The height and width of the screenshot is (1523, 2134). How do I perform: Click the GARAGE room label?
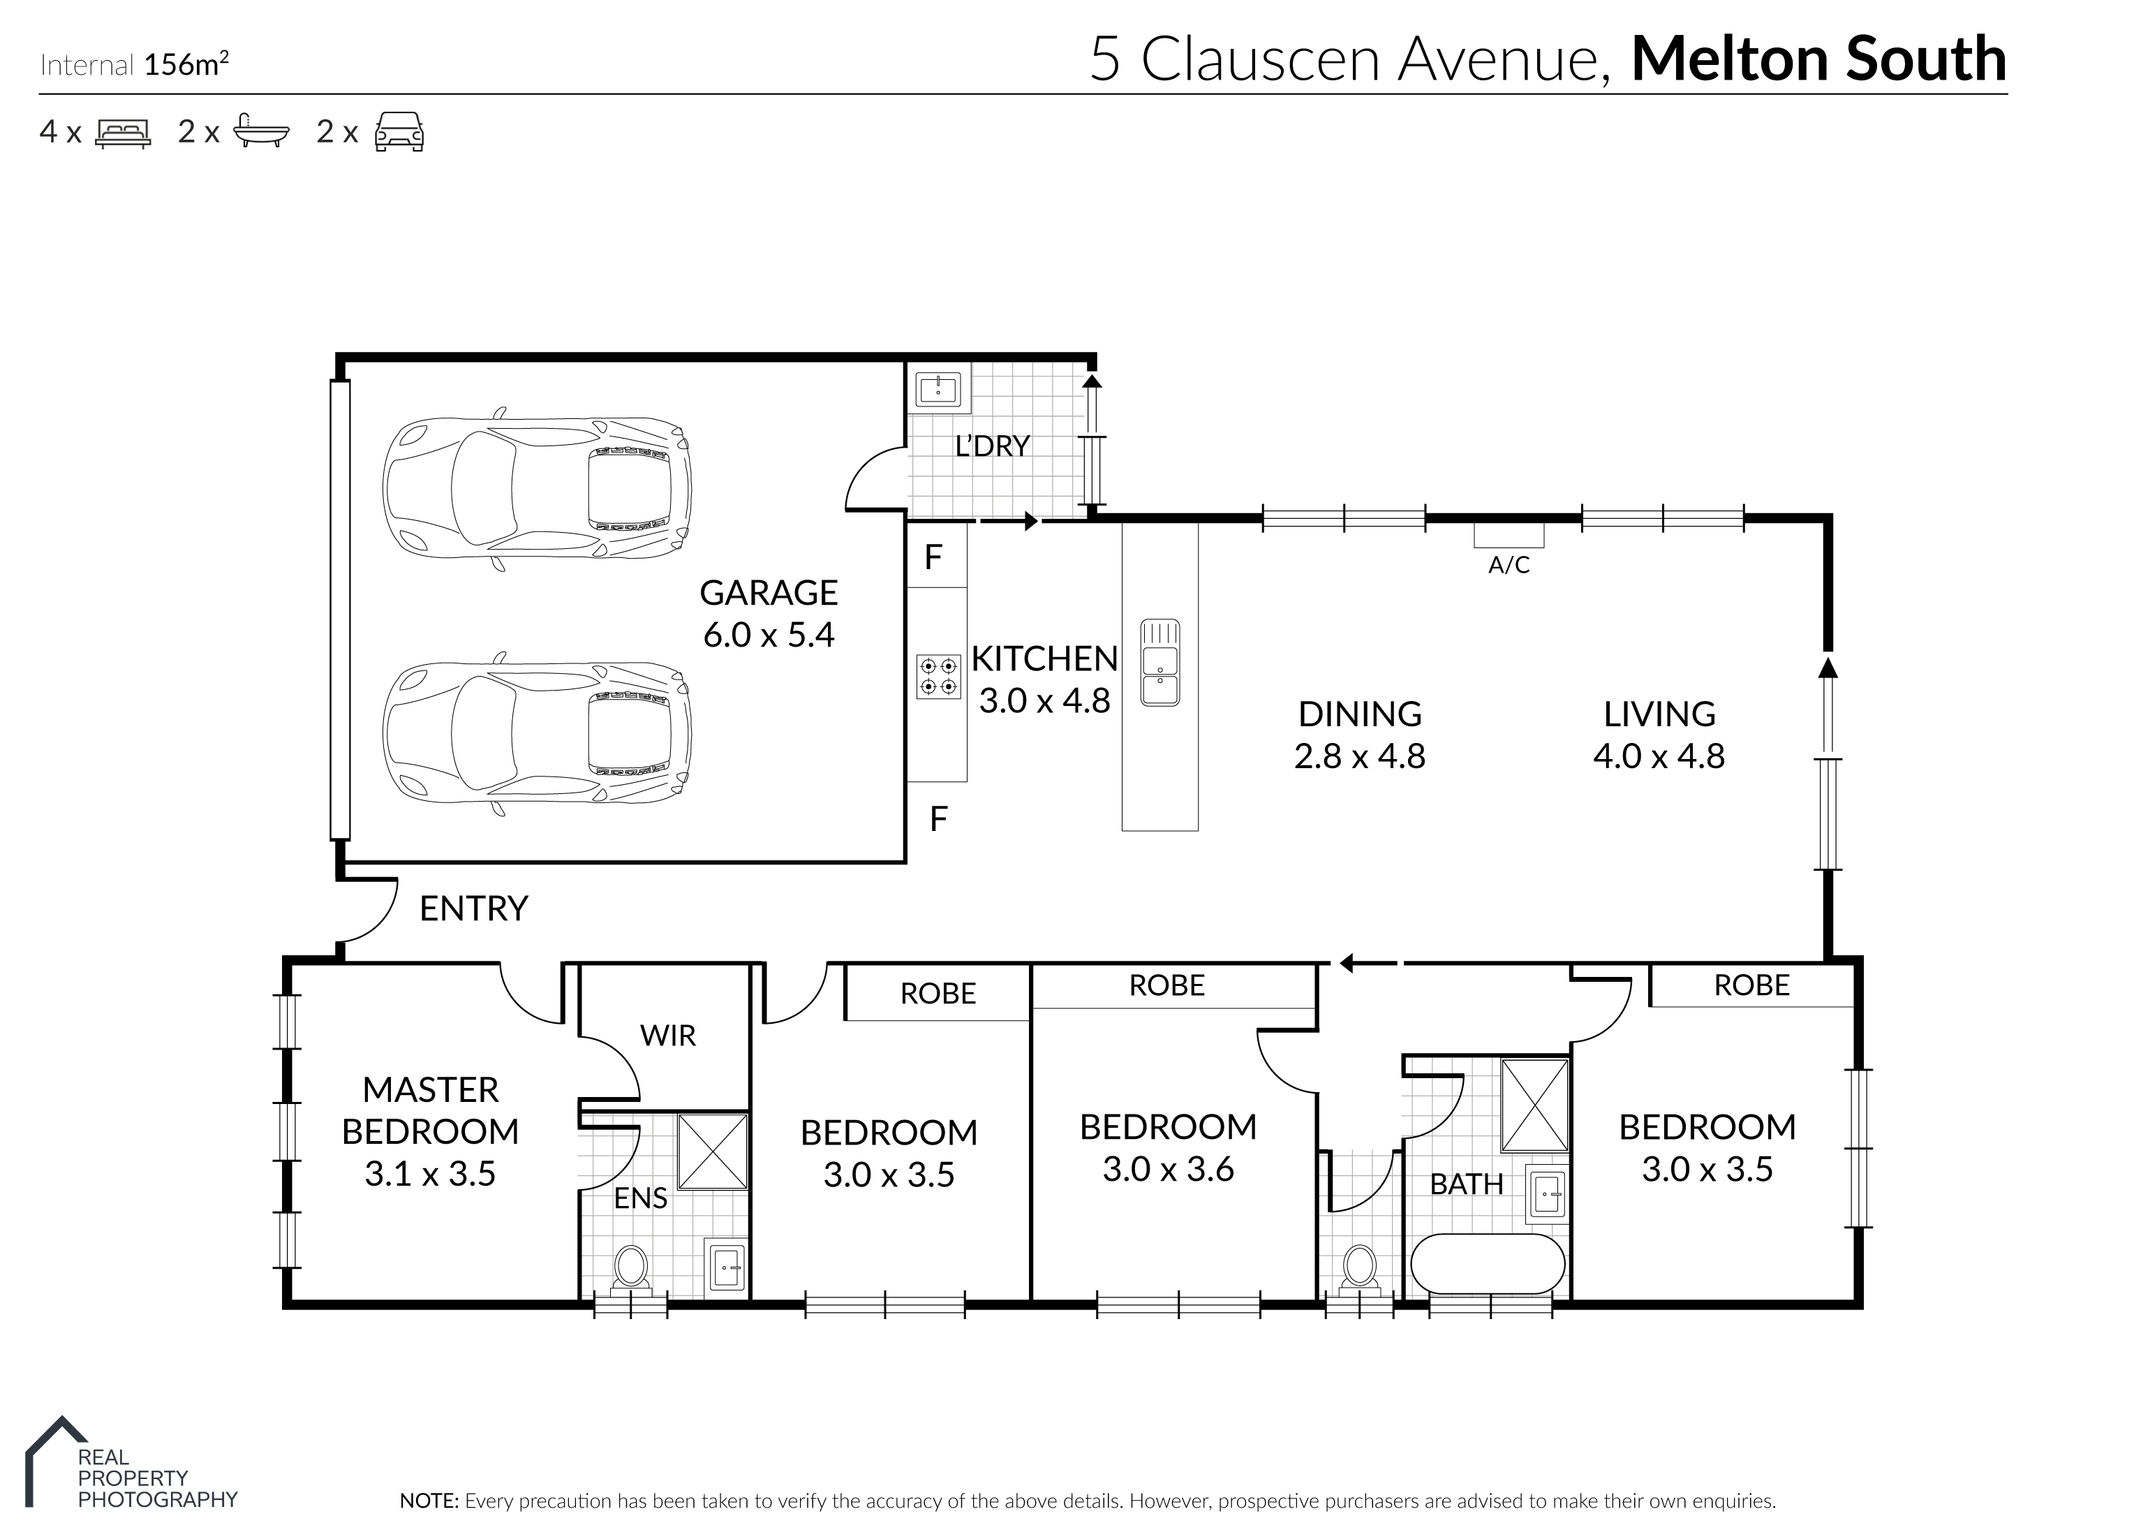pyautogui.click(x=768, y=593)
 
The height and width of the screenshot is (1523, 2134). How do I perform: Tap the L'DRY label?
pyautogui.click(x=992, y=446)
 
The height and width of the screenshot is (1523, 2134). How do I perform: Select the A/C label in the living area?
pyautogui.click(x=1509, y=564)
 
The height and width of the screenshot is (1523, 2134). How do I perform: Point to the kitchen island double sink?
pyautogui.click(x=1159, y=662)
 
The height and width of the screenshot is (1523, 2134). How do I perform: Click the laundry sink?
pyautogui.click(x=938, y=388)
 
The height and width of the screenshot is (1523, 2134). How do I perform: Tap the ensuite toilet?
pyautogui.click(x=630, y=1268)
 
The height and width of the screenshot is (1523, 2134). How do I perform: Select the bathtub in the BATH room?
pyautogui.click(x=1487, y=1264)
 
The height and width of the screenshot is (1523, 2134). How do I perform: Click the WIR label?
pyautogui.click(x=667, y=1036)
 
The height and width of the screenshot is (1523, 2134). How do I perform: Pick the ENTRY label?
pyautogui.click(x=473, y=908)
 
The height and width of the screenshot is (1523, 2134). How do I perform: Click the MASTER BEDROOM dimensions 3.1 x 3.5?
pyautogui.click(x=431, y=1174)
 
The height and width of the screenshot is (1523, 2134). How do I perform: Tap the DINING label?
pyautogui.click(x=1360, y=714)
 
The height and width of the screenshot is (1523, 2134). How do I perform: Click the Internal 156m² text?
pyautogui.click(x=135, y=65)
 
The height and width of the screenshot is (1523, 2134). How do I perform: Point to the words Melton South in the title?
pyautogui.click(x=1819, y=59)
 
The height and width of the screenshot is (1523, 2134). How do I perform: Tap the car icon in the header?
pyautogui.click(x=399, y=131)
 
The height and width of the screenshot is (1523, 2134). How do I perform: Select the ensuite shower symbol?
pyautogui.click(x=711, y=1152)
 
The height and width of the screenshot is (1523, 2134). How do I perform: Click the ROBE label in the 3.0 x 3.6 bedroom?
pyautogui.click(x=1166, y=985)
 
